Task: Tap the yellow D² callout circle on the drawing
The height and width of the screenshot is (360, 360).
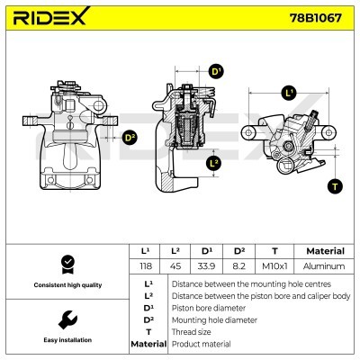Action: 130,138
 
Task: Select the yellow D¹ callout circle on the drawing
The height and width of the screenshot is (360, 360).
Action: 216,71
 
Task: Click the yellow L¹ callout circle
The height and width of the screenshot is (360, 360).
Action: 289,93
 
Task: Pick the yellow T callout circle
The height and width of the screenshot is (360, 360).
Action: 335,186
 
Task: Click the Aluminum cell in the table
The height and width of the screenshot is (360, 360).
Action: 324,266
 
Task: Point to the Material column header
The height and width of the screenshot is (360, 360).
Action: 324,251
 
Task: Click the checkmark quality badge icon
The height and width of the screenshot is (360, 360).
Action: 66,263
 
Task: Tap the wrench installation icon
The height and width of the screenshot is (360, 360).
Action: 66,319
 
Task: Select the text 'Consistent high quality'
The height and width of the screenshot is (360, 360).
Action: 66,285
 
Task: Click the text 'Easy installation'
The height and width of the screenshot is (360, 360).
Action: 66,341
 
